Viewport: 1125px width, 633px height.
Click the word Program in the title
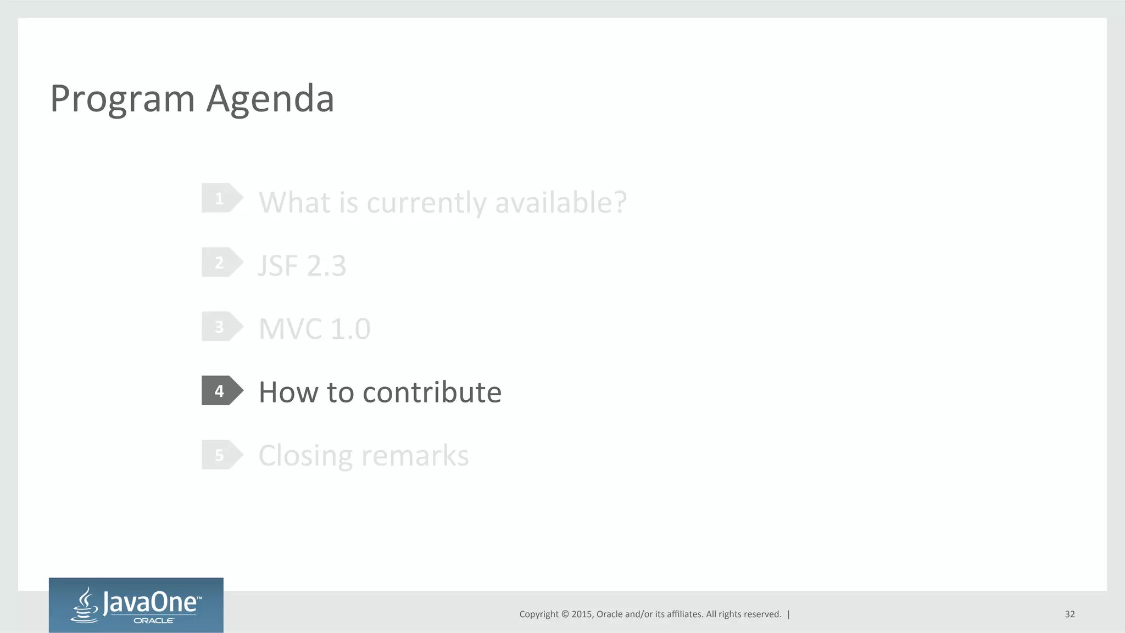[122, 99]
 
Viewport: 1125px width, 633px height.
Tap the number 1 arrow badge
[221, 198]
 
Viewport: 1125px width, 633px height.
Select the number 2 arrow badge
[221, 262]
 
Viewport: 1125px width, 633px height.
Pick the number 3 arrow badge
[221, 327]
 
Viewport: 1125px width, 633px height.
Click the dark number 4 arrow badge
[221, 391]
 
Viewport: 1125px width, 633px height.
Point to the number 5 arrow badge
[221, 455]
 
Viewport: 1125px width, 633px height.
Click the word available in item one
[560, 202]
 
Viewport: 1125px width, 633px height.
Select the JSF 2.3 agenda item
[302, 266]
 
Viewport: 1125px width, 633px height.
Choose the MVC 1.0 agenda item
[315, 329]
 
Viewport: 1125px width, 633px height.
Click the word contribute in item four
[432, 392]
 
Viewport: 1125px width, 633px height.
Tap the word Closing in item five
[305, 456]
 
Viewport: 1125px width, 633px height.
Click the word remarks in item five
[415, 456]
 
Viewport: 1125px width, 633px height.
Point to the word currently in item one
[427, 203]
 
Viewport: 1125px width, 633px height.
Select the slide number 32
[1070, 614]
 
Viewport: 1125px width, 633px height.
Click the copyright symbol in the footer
[565, 614]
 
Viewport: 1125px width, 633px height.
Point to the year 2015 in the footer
[581, 614]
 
